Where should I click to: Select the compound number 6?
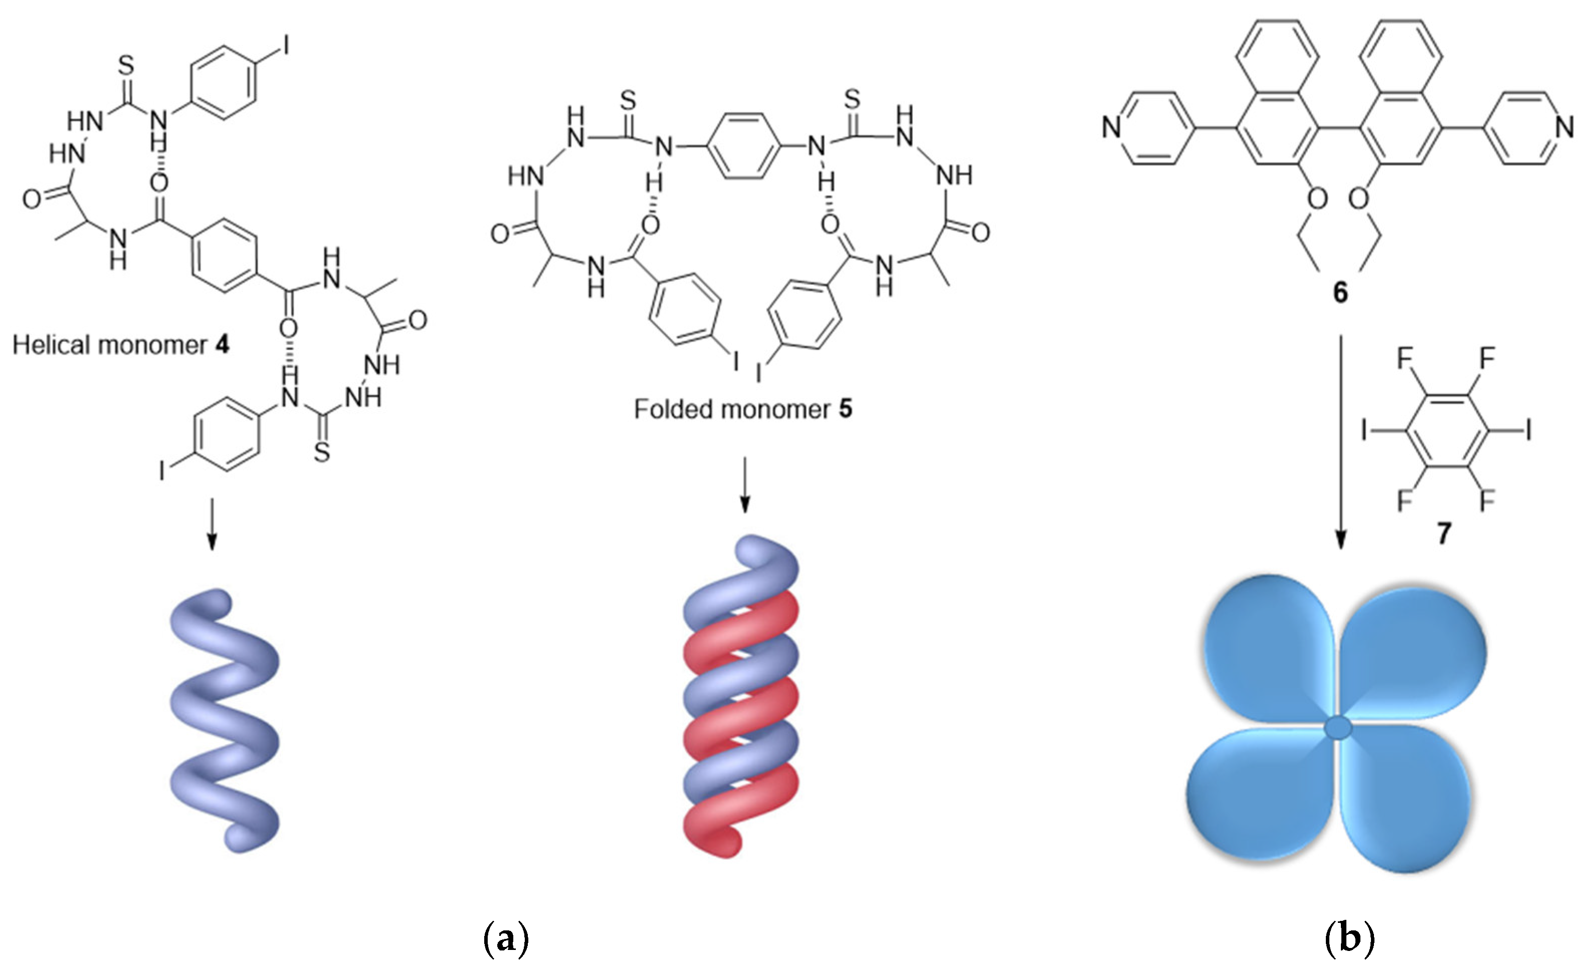click(x=1340, y=292)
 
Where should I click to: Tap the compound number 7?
click(x=1444, y=533)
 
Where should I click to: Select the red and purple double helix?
click(x=741, y=696)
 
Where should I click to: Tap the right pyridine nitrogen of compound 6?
click(x=1565, y=127)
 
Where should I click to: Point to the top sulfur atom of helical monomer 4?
click(x=126, y=65)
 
